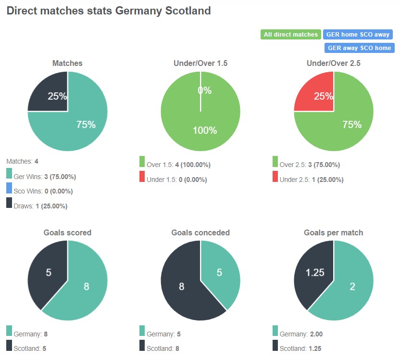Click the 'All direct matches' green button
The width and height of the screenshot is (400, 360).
click(291, 35)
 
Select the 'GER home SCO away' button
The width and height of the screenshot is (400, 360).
click(358, 35)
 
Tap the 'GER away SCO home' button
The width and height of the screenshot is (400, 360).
click(360, 48)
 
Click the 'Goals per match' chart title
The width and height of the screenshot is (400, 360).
click(333, 232)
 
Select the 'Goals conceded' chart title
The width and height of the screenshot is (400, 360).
click(200, 232)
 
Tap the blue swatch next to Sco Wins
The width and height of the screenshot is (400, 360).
click(9, 188)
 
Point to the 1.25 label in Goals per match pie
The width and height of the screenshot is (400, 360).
click(315, 273)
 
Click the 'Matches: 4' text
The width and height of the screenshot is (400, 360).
click(22, 161)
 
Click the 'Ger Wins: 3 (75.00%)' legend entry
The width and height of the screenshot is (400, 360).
click(45, 177)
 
